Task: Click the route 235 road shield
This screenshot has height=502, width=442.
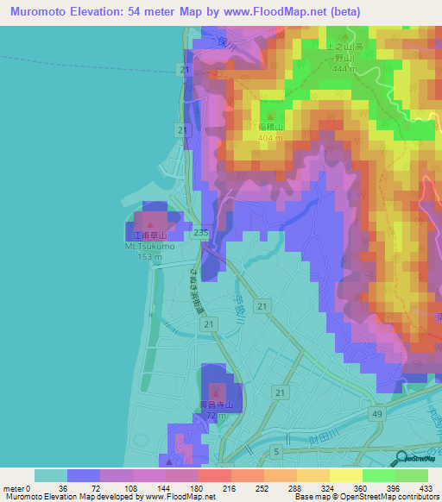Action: tap(201, 233)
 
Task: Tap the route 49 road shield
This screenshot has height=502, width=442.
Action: tap(378, 415)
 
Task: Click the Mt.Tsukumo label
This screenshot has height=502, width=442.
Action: tap(150, 246)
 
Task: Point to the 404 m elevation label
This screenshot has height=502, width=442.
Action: tap(271, 136)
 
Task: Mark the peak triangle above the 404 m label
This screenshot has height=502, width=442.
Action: tap(271, 116)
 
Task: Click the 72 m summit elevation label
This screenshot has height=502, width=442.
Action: tap(212, 416)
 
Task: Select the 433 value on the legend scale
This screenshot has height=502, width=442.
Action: tap(424, 487)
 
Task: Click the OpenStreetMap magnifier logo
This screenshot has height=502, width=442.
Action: tap(402, 460)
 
